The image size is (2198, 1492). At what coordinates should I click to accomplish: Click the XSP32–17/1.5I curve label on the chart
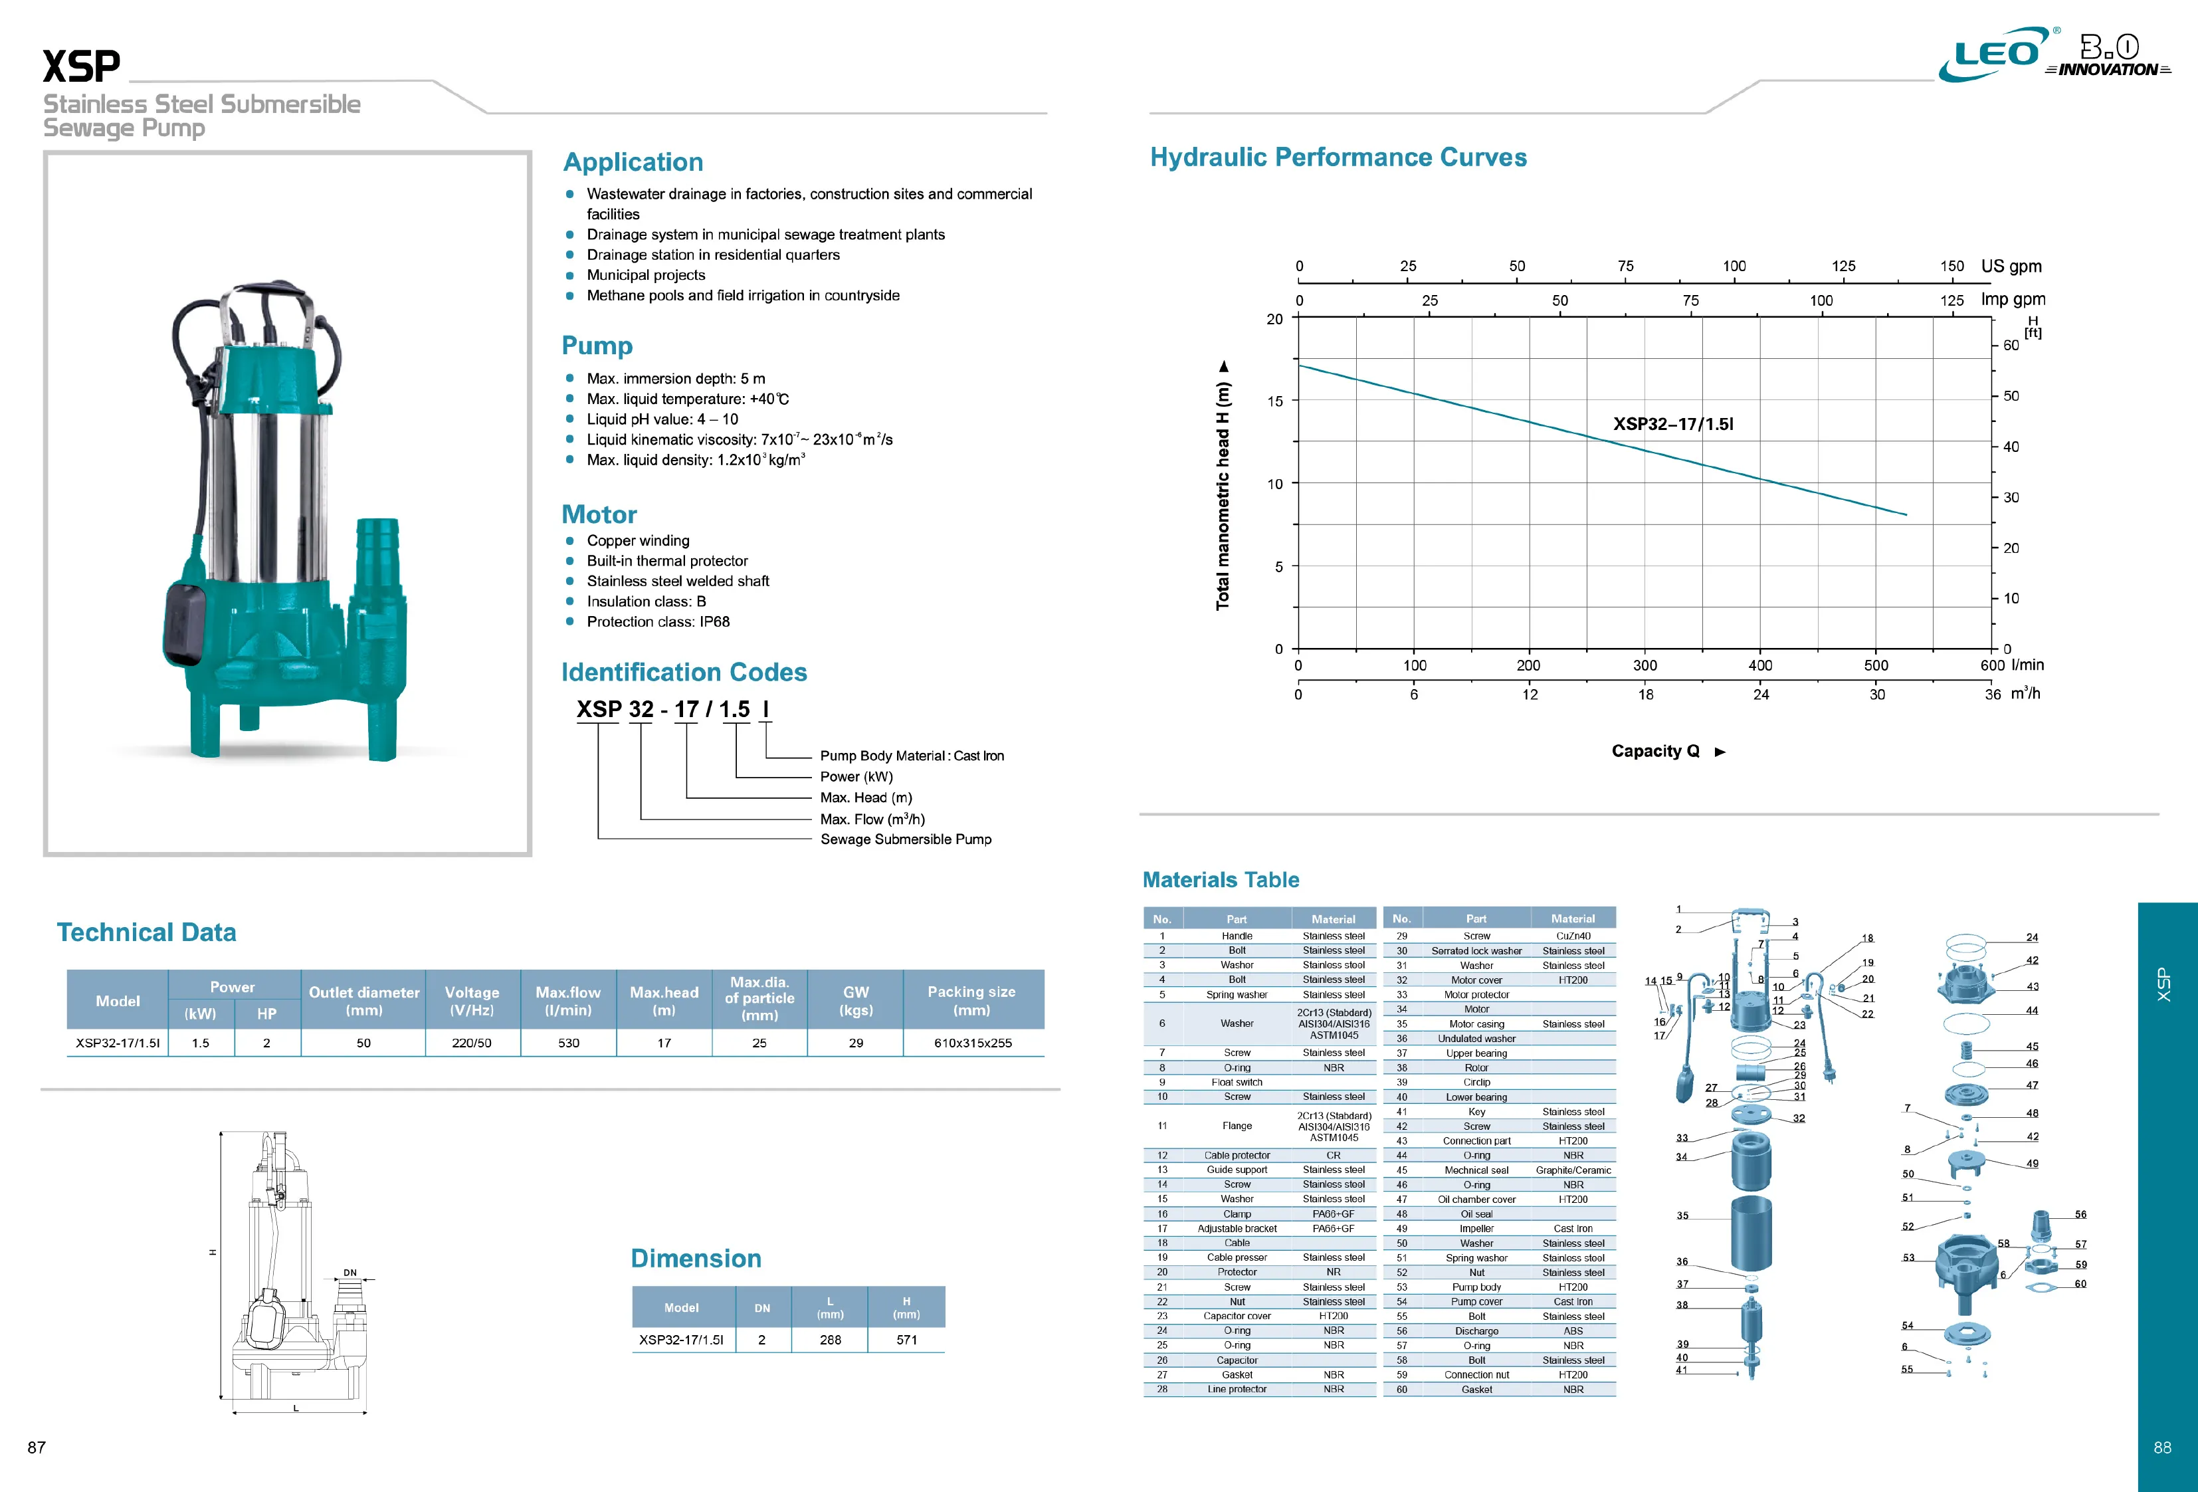(1673, 424)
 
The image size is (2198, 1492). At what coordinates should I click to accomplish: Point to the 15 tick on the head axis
(1275, 401)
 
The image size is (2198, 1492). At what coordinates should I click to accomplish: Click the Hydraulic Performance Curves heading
(1338, 157)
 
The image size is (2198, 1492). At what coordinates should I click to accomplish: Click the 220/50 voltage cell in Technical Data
(471, 1043)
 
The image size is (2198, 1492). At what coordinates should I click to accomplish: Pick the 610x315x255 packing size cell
(972, 1043)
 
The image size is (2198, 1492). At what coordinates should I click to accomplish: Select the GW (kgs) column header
(855, 1000)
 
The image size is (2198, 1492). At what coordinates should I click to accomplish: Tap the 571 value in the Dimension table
(906, 1340)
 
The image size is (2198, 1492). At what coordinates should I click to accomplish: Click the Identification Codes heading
(684, 672)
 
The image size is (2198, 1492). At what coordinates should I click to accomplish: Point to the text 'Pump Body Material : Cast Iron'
(912, 756)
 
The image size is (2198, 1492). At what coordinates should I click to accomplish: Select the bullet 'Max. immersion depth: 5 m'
(676, 378)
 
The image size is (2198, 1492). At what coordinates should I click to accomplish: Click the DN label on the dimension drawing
(350, 1273)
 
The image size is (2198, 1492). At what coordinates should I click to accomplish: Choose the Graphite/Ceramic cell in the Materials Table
(1573, 1170)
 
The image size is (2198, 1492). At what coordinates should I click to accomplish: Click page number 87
(37, 1447)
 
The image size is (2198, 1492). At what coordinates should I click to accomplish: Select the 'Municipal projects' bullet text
(646, 275)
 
